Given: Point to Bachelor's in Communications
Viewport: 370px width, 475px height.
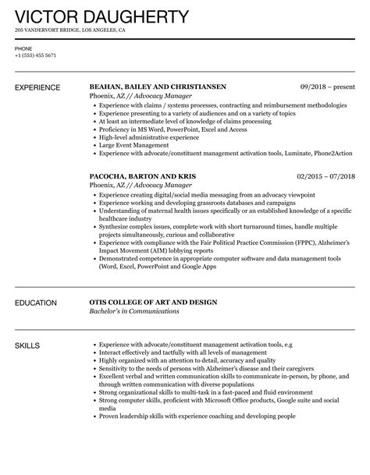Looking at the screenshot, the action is (134, 311).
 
